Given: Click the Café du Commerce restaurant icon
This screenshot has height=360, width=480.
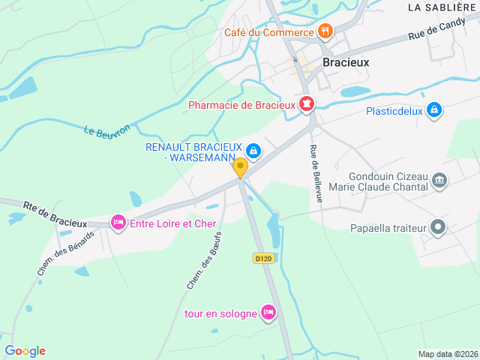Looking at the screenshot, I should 325,31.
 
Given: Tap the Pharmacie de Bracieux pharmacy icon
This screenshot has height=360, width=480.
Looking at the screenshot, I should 306,104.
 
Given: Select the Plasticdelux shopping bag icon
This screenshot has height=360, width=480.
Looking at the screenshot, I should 433,111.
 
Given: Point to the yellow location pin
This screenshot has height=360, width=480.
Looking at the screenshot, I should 240,167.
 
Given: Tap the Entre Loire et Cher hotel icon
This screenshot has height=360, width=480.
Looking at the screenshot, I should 118,223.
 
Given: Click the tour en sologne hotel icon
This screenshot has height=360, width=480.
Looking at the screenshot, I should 268,312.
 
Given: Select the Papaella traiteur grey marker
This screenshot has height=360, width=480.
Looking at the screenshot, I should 439,227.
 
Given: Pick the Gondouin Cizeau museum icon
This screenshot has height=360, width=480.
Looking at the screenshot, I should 439,180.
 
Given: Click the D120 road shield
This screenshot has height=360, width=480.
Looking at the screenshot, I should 262,258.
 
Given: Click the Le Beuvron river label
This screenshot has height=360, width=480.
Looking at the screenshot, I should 101,131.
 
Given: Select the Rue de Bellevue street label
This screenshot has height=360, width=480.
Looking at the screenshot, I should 315,172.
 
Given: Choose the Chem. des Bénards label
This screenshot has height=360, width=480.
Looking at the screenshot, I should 66,252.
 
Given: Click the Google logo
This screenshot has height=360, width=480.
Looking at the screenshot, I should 25,351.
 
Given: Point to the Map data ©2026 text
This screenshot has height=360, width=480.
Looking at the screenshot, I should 447,354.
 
